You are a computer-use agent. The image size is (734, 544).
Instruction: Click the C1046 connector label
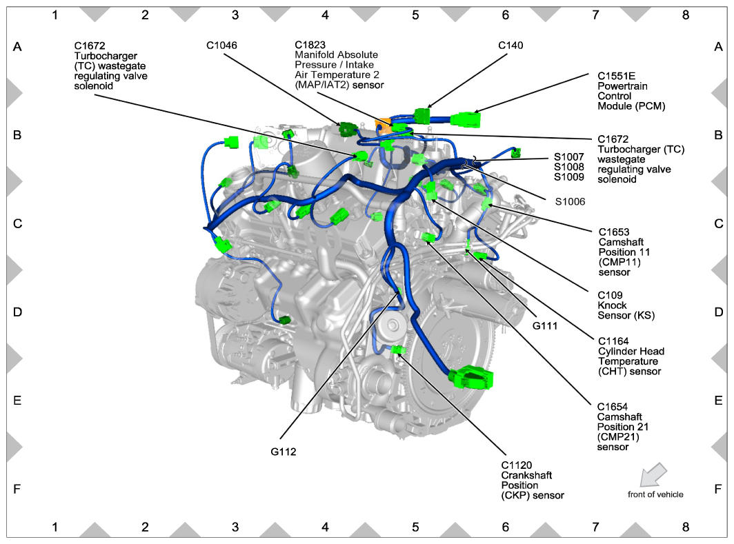[221, 46]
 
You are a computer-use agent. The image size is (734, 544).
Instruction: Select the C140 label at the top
[510, 46]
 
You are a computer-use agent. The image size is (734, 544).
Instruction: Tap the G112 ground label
[284, 452]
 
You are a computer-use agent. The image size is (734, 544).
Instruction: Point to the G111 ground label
[545, 325]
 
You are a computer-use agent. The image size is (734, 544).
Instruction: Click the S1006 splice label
[570, 201]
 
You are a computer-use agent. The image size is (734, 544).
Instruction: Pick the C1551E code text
[616, 77]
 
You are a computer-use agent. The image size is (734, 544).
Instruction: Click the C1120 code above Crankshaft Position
[516, 465]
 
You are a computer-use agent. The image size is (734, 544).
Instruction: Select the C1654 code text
[613, 407]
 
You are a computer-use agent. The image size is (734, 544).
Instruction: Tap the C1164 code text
[613, 341]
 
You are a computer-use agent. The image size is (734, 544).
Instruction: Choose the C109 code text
[610, 295]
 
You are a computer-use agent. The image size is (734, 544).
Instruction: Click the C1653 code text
[614, 232]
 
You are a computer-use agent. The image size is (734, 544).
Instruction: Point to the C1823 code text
[310, 45]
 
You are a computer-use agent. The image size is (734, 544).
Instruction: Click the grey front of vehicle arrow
[653, 474]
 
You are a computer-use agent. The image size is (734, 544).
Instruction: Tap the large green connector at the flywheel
[470, 378]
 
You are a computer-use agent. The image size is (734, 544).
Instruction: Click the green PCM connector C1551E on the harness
[465, 119]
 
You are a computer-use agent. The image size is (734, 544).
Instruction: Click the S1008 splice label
[568, 167]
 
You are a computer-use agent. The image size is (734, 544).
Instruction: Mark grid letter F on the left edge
[17, 490]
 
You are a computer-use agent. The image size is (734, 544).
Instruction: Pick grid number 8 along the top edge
[685, 15]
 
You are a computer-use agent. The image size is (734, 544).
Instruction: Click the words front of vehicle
[655, 494]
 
